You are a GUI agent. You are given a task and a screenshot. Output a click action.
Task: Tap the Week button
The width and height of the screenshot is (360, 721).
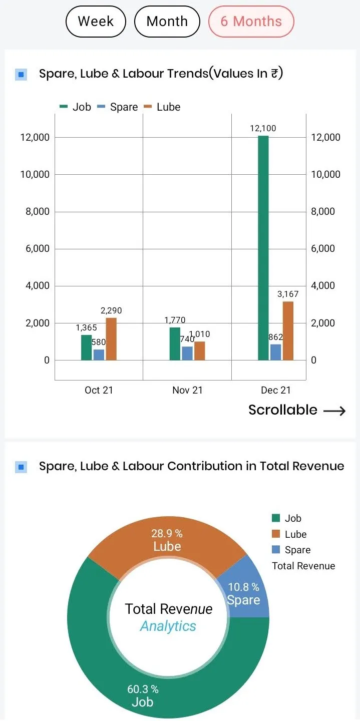pos(96,22)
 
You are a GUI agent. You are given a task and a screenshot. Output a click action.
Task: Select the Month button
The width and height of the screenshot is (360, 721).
pos(167,22)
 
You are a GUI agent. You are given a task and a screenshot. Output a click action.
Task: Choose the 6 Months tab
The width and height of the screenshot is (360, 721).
pos(251,22)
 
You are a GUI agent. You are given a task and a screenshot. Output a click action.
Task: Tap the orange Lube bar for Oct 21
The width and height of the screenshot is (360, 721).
pos(111,339)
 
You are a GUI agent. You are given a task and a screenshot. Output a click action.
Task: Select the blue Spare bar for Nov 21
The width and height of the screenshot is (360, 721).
pos(187,353)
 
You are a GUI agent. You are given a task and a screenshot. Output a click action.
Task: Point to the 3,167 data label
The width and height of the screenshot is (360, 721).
pos(287,294)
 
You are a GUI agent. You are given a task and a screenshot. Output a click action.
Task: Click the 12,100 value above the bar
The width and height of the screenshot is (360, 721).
pos(263,128)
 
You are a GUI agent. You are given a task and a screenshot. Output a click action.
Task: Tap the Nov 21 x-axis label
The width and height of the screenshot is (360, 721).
pos(187,390)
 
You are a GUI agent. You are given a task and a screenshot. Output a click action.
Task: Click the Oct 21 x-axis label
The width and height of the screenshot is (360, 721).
pos(99,390)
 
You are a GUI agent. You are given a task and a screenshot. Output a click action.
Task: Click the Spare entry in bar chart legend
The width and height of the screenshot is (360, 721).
pos(118,107)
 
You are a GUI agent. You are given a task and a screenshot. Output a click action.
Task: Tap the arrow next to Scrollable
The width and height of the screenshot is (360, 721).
pos(334,411)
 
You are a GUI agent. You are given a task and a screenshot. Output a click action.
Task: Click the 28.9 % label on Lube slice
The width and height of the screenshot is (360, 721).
pos(167,534)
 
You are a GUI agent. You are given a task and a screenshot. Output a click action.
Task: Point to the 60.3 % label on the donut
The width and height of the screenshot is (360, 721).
pos(143,689)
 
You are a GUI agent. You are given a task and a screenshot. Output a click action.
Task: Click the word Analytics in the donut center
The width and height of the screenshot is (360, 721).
pos(168,626)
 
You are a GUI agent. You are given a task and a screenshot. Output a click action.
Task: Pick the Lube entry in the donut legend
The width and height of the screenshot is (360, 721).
pos(295,534)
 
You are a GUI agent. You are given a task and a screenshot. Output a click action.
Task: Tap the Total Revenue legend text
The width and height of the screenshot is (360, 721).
pos(303,566)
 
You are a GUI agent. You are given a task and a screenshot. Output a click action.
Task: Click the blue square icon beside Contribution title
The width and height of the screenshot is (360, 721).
pos(21,467)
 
